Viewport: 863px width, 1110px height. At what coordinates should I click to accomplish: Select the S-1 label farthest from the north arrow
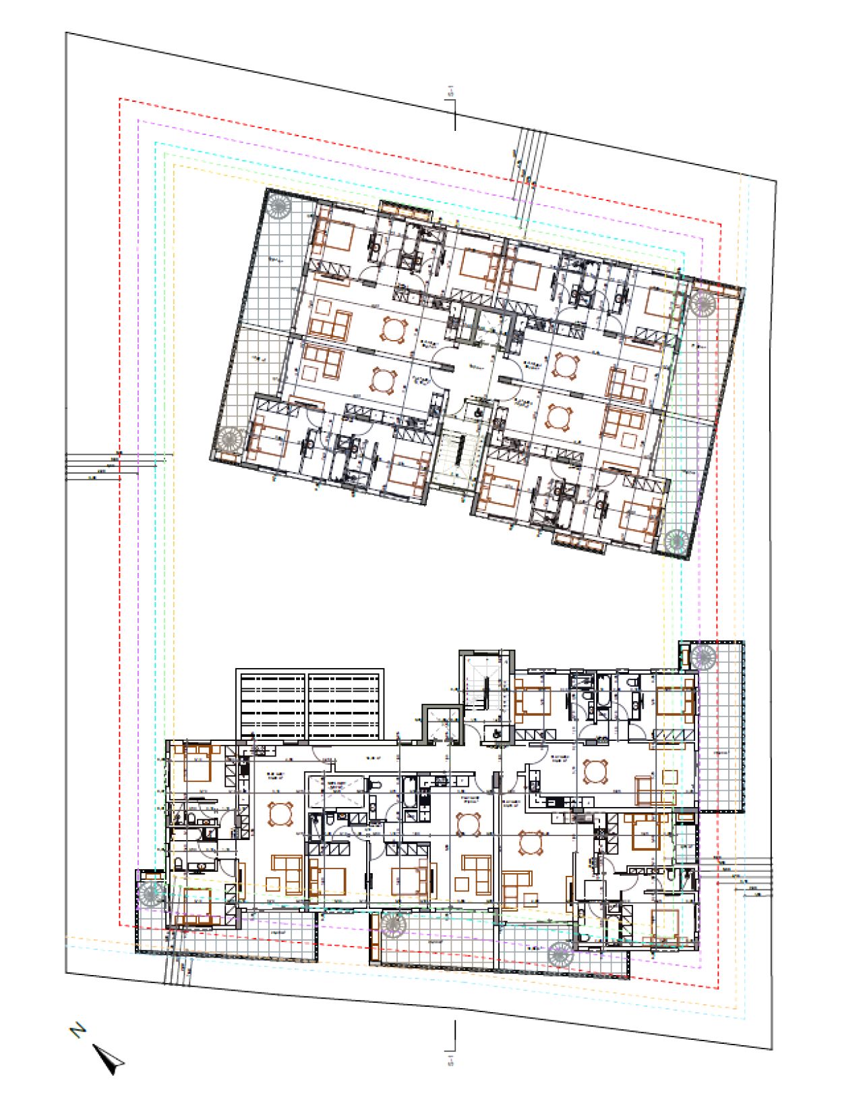(x=451, y=91)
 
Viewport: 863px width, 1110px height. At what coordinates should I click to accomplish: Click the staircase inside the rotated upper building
(x=451, y=459)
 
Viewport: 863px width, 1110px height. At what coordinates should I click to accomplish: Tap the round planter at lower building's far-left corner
(x=150, y=894)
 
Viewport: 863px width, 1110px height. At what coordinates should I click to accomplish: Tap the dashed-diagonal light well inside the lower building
(x=334, y=792)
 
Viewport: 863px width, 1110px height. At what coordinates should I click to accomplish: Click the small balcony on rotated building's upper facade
(x=405, y=210)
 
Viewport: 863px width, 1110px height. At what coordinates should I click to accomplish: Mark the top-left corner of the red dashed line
(x=120, y=99)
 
